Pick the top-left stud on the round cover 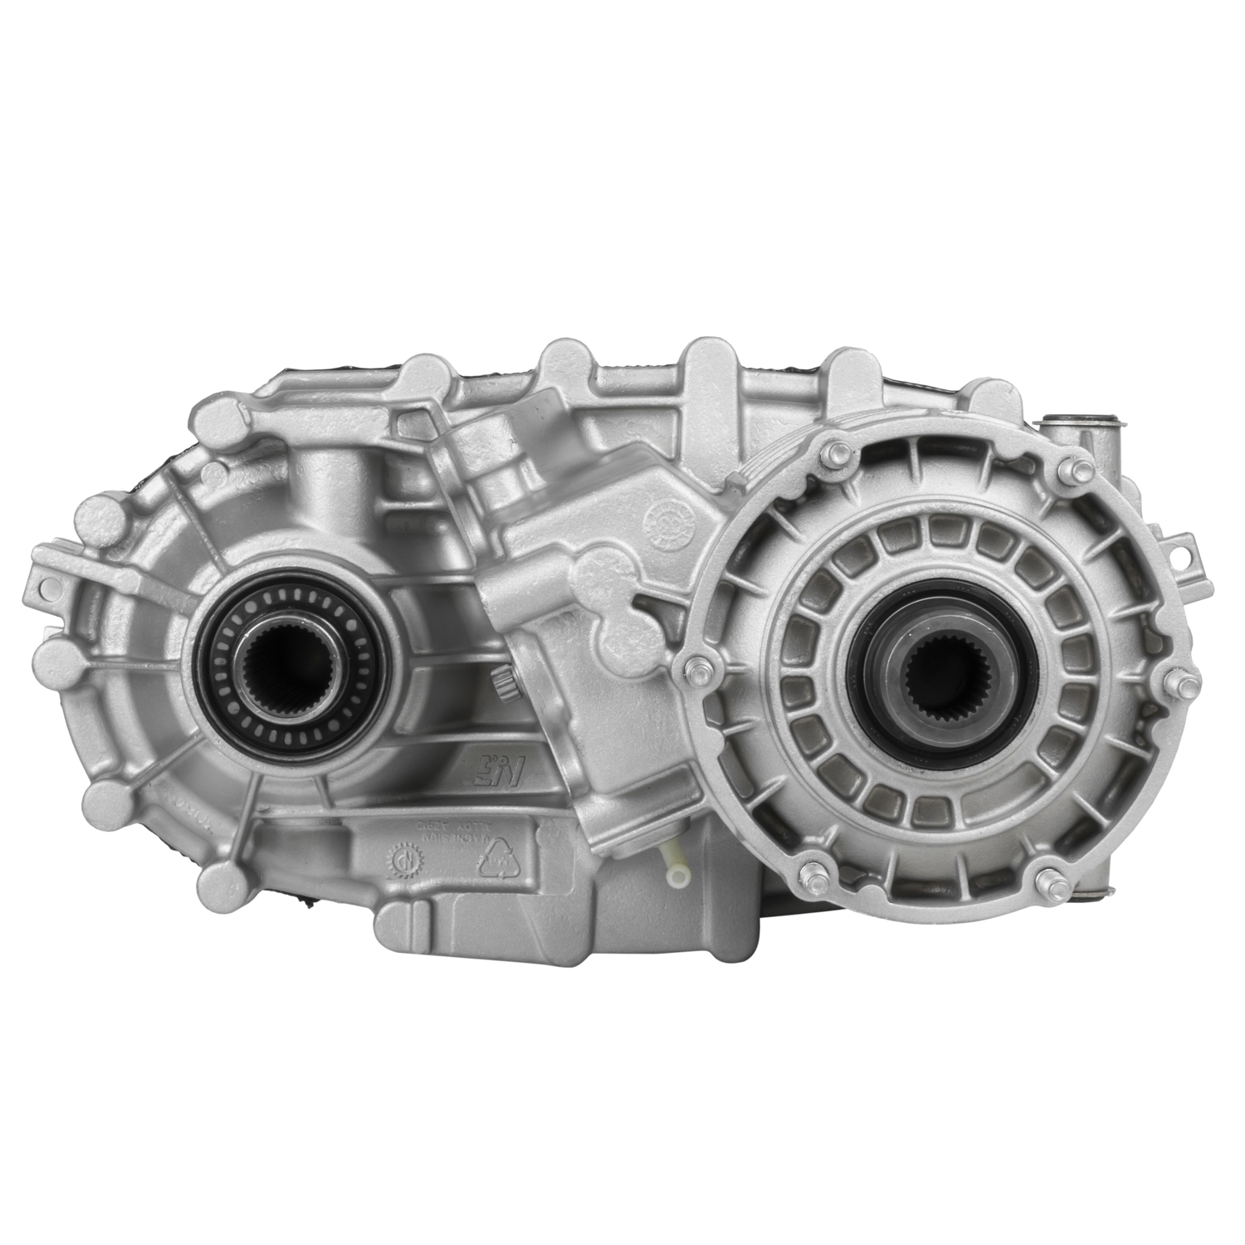click(x=835, y=452)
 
